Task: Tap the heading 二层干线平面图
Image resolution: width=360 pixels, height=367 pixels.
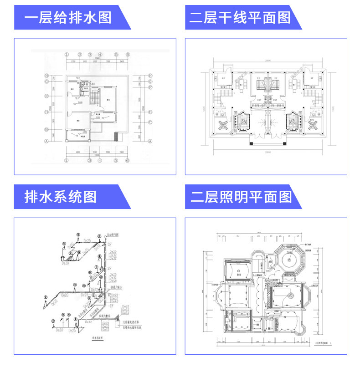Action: pos(240,19)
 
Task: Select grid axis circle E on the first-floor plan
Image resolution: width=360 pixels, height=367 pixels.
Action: pos(46,97)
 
